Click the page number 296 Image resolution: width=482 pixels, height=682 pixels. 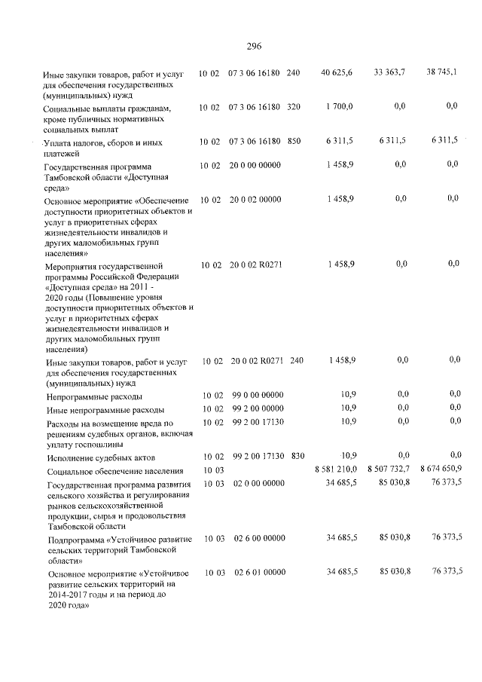pos(253,46)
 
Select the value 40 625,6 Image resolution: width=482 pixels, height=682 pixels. pos(337,72)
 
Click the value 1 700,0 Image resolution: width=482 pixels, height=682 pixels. pos(339,107)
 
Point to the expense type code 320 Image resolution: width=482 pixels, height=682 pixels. pos(294,107)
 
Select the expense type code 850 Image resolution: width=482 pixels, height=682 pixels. pos(294,141)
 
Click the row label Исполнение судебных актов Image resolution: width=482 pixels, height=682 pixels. pos(100,457)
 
